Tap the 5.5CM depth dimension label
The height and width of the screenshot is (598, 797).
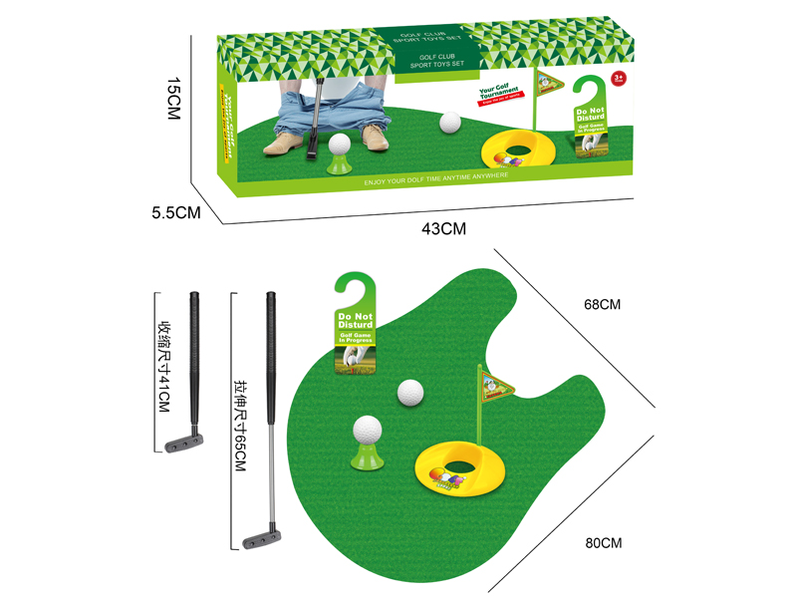[176, 212]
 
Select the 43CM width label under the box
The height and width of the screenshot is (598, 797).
[443, 228]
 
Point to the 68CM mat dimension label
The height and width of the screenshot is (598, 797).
[603, 304]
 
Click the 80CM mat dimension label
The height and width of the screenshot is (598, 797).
[603, 543]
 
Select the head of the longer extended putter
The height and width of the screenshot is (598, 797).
[261, 540]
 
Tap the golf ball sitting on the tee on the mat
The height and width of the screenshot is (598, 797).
[367, 432]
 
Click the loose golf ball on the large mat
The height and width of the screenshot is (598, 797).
[410, 394]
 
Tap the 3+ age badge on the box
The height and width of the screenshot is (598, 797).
[618, 77]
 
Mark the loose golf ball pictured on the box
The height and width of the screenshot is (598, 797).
[451, 123]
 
